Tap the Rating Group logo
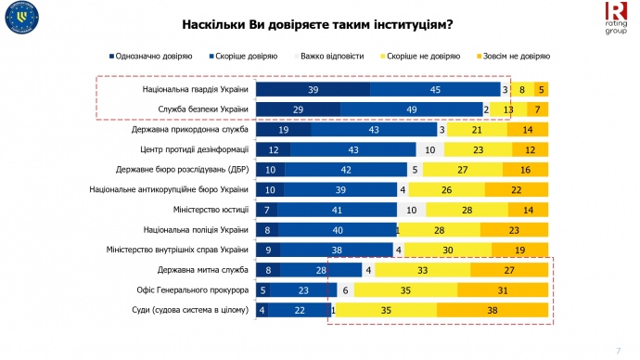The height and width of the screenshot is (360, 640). [616, 18]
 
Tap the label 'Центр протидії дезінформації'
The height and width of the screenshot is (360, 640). [194, 150]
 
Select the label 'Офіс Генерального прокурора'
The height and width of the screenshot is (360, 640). [192, 290]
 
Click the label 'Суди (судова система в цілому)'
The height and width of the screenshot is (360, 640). [190, 310]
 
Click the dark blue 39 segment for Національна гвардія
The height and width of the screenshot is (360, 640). [313, 90]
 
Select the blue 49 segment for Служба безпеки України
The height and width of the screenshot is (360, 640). [411, 110]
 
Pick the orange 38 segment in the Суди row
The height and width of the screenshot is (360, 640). [493, 310]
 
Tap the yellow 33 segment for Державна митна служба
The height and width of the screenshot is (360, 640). [423, 270]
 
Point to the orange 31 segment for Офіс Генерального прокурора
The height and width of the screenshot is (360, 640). [504, 290]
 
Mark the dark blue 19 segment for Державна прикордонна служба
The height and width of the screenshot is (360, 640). [284, 131]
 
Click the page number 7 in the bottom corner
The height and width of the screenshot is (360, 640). [618, 349]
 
